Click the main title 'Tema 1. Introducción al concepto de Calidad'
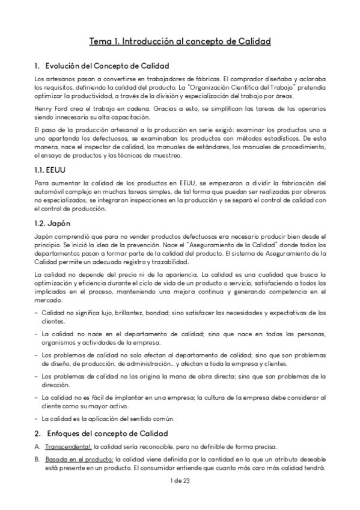coord(180,41)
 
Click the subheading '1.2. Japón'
coord(50,223)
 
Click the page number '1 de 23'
coord(180,479)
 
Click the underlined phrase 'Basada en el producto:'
coord(73,459)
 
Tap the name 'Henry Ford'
coord(50,108)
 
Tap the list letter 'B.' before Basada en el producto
coord(37,459)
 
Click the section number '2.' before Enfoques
coord(37,433)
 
